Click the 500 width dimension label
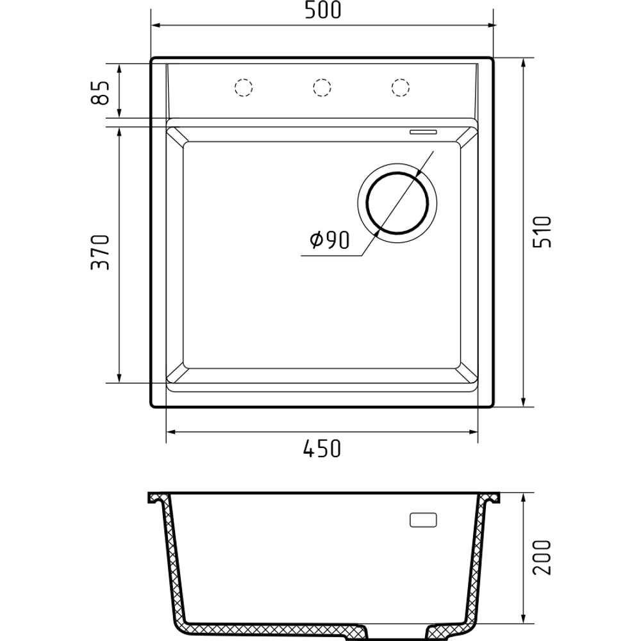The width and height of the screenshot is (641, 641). (322, 11)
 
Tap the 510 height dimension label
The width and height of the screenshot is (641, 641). (542, 232)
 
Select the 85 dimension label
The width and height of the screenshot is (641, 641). (101, 92)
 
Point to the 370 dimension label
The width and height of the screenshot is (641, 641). (100, 252)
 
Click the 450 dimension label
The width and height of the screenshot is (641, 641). (322, 449)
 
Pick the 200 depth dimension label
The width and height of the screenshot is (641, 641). (542, 558)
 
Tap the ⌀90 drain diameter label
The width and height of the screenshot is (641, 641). (330, 240)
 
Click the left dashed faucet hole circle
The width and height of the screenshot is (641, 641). (244, 87)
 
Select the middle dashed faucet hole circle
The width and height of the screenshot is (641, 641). (322, 87)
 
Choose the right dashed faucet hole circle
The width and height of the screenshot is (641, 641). (400, 87)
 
